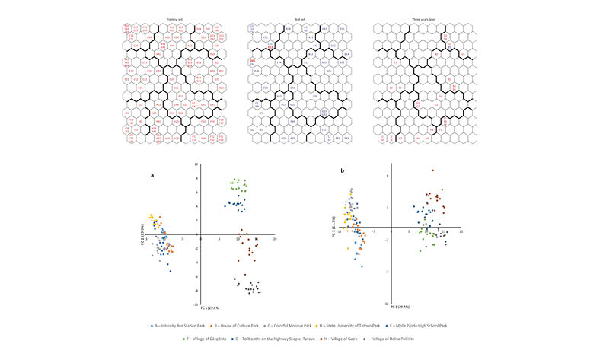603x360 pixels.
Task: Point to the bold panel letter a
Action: pyautogui.click(x=152, y=175)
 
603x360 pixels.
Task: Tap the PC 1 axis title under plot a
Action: pyautogui.click(x=210, y=308)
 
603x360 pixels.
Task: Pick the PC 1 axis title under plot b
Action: pyautogui.click(x=401, y=306)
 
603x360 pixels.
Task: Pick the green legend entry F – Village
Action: pyautogui.click(x=202, y=337)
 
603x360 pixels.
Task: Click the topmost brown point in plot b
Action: pyautogui.click(x=432, y=170)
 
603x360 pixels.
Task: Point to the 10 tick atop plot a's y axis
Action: pyautogui.click(x=196, y=164)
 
